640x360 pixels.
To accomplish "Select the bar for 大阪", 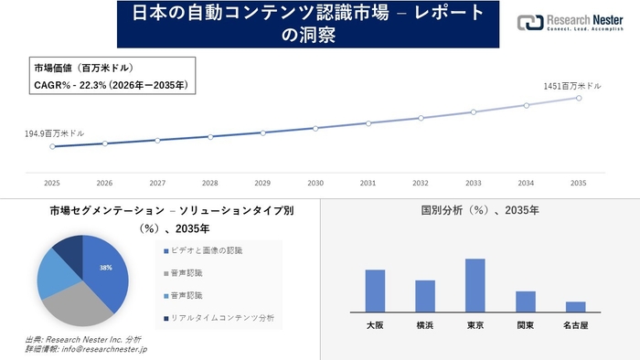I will click(x=375, y=291).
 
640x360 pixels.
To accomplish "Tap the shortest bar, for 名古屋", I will click(x=575, y=307).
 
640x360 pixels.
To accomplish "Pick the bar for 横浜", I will click(x=425, y=296).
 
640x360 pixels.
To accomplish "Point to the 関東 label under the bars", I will click(x=525, y=324).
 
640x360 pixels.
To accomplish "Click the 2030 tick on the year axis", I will click(x=315, y=183).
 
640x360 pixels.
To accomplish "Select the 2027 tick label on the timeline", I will click(x=157, y=183).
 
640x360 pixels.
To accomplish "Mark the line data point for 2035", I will click(x=579, y=98).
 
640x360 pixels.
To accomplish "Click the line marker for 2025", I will click(x=52, y=146).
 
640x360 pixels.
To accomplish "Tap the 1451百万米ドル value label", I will click(x=571, y=85).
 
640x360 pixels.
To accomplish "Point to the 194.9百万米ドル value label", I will click(x=55, y=133).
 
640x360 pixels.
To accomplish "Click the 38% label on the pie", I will click(x=106, y=268).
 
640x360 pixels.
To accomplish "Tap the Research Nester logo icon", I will click(x=528, y=23).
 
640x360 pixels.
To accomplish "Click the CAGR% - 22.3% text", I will click(x=110, y=85).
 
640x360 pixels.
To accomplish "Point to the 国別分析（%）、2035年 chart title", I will click(x=479, y=210).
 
